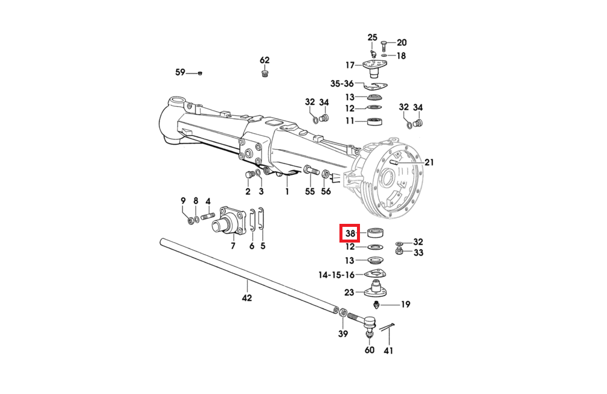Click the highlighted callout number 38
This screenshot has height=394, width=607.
click(x=350, y=233)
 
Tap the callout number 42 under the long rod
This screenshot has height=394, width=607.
click(x=246, y=297)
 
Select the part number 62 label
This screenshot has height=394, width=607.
click(x=265, y=60)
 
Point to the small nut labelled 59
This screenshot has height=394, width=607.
click(x=200, y=72)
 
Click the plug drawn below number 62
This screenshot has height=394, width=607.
click(x=265, y=73)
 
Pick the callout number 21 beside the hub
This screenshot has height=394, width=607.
click(x=429, y=162)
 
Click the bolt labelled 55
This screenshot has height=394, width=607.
click(x=311, y=170)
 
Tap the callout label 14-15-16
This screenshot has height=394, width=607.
click(x=336, y=275)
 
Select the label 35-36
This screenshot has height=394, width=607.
click(x=342, y=83)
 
